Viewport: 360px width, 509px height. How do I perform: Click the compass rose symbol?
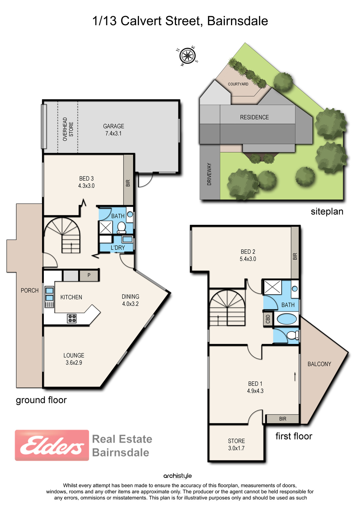point(187,56)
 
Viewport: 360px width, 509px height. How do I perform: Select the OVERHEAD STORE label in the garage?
point(68,129)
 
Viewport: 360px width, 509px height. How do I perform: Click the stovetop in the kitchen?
point(72,318)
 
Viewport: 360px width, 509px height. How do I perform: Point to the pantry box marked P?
point(89,275)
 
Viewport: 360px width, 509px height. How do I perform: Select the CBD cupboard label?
point(268,319)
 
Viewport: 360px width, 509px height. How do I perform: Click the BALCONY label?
point(319,364)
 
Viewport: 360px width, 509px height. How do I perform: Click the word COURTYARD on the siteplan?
point(238,84)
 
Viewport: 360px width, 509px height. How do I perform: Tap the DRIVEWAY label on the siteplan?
point(209,174)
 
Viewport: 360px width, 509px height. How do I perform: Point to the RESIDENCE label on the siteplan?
point(254,117)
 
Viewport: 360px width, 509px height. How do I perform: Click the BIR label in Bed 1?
point(283,419)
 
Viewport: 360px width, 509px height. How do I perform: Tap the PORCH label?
point(30,290)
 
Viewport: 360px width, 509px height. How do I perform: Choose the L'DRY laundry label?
point(118,248)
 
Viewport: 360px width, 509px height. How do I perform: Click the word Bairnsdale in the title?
point(237,21)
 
